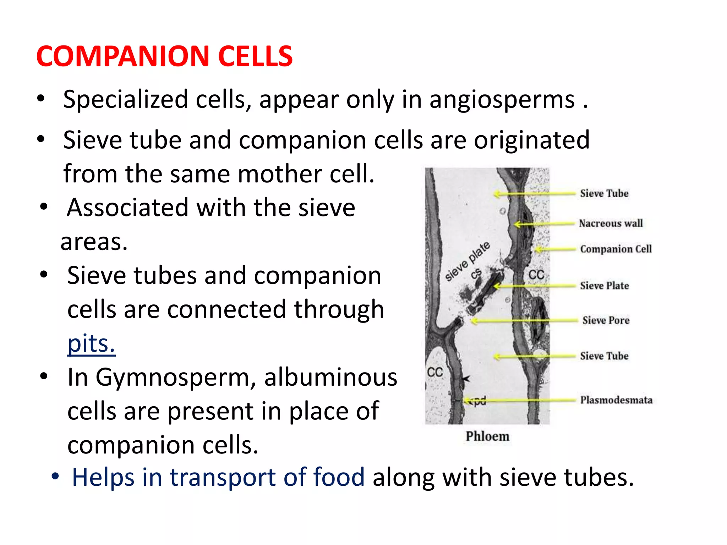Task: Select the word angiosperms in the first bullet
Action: (x=502, y=100)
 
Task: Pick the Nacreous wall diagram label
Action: (x=611, y=223)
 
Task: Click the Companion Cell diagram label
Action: (x=616, y=249)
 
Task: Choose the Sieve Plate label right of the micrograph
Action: (x=605, y=286)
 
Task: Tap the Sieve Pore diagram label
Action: (x=606, y=320)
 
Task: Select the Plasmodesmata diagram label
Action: (x=616, y=400)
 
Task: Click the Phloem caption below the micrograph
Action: (x=487, y=436)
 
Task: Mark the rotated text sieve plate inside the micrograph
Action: (x=468, y=261)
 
